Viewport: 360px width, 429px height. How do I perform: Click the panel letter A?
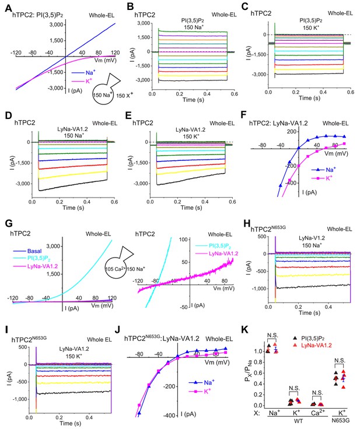[x=9, y=8]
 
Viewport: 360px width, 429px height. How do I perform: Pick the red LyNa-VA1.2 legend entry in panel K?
[x=313, y=346]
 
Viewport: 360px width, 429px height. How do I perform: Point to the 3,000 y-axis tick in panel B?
[x=144, y=23]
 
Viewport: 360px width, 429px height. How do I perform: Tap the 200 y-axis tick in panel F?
[x=292, y=132]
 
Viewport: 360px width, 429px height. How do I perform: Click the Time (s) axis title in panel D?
[x=73, y=208]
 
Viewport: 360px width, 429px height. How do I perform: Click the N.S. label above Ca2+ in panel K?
[x=317, y=393]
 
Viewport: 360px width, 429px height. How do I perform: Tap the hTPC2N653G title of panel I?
[x=29, y=340]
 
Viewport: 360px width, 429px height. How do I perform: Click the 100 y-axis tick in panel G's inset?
[x=183, y=240]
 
